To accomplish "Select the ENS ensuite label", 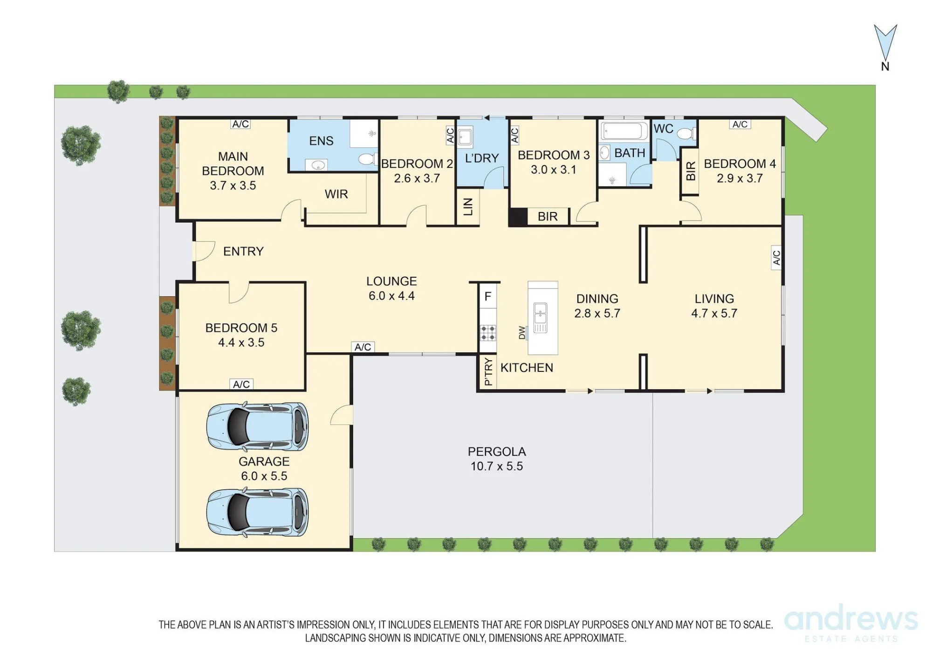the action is tap(321, 141).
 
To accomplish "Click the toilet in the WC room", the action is tap(686, 134).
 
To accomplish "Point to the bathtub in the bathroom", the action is tap(624, 131).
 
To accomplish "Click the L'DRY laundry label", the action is tap(482, 158).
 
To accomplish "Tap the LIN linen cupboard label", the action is tap(468, 207).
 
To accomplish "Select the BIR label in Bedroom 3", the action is tap(548, 217).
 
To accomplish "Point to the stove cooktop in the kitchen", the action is tap(488, 333).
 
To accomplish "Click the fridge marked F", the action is tap(488, 296).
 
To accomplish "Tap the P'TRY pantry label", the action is tap(488, 371).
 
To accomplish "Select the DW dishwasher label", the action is tap(521, 332).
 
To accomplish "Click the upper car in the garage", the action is tap(258, 426).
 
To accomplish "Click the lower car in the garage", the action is tap(258, 512).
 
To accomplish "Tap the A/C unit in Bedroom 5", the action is tap(241, 384).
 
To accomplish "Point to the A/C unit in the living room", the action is tap(776, 258).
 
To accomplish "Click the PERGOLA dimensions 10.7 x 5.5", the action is tap(497, 466).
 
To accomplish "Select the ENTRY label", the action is tap(243, 252).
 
